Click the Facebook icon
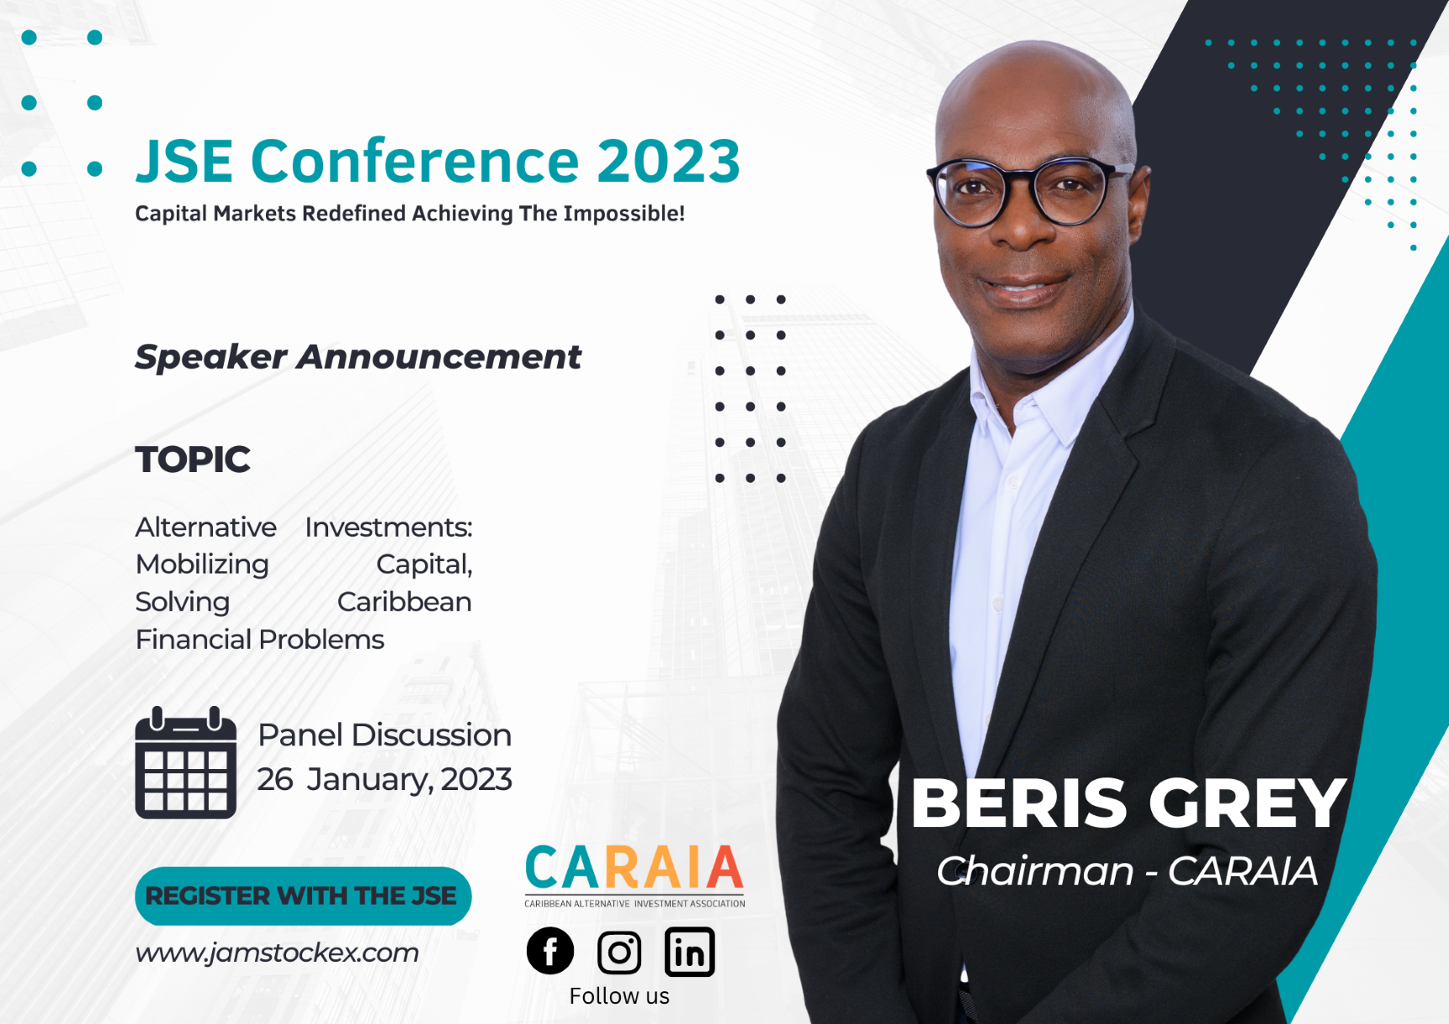coord(550,952)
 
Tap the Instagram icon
coord(619,952)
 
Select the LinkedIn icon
coord(689,952)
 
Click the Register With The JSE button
coord(303,896)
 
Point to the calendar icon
coord(186,763)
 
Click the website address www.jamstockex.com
coord(277,952)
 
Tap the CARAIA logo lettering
coord(634,868)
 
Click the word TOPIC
coord(193,459)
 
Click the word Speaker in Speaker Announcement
coord(211,357)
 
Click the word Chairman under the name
coord(1035,871)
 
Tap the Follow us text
coord(619,996)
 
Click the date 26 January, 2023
coord(385,779)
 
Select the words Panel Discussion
coord(385,735)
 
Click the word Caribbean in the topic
coord(404,602)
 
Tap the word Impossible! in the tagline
coord(624,214)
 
